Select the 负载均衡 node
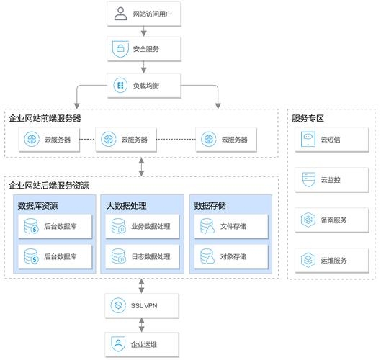144,86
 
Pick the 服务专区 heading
308,117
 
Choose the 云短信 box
331,139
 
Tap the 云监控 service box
331,179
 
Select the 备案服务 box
331,220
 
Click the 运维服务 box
331,259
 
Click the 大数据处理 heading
126,206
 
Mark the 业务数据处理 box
143,228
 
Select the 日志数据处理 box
143,256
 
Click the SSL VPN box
144,305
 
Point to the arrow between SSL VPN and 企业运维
144,324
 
